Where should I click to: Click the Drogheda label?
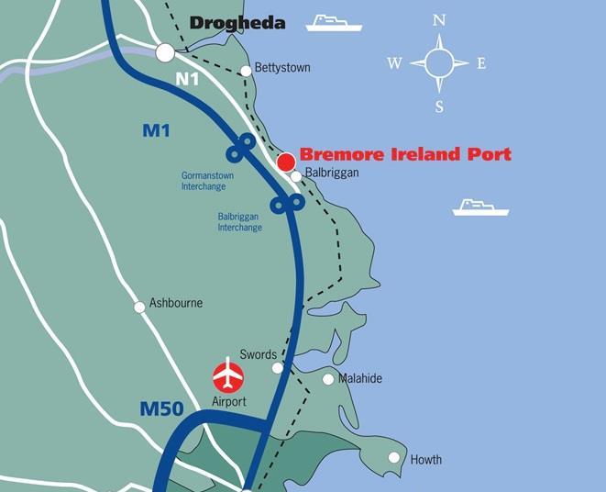(x=237, y=23)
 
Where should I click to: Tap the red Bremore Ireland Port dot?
(x=286, y=162)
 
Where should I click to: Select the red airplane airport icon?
(x=228, y=375)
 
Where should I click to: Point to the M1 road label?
(x=156, y=131)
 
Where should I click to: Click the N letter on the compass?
(x=439, y=20)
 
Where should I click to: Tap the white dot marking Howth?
(x=394, y=457)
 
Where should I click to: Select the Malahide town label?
(x=359, y=378)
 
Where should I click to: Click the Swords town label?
(x=258, y=354)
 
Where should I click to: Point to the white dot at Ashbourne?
(x=140, y=307)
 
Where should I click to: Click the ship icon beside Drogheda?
(x=334, y=22)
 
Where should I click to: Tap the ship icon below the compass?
(x=479, y=207)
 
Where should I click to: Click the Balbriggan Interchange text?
(x=239, y=222)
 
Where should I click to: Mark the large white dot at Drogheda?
(x=165, y=52)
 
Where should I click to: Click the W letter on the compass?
(x=394, y=63)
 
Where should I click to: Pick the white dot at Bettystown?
(x=246, y=71)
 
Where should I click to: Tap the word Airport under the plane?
(x=229, y=401)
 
